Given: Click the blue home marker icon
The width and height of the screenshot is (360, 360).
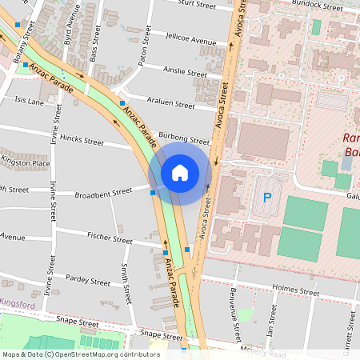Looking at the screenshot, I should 180,173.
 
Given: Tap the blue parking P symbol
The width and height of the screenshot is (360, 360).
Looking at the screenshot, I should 267,198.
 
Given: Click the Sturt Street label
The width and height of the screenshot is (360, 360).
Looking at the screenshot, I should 197,4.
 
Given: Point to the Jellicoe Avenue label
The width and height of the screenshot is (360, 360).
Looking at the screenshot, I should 190,40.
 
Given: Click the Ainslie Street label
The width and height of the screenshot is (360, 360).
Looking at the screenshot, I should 186,72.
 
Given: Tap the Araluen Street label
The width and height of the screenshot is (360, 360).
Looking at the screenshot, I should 174,105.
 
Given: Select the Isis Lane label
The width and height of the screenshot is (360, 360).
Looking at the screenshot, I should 29,102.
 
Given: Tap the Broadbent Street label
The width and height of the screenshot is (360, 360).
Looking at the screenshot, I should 102,193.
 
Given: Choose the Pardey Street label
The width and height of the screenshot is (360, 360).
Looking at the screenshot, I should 88,282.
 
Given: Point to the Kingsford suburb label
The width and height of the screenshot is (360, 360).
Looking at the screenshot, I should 18,305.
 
